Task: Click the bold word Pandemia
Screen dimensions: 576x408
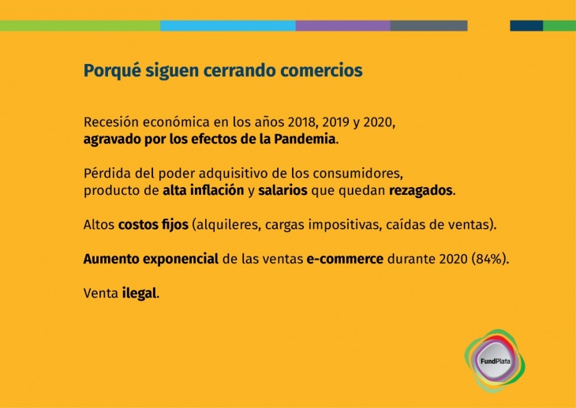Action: pyautogui.click(x=305, y=140)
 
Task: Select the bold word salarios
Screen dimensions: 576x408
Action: pyautogui.click(x=282, y=190)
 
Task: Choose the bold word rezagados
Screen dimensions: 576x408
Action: pyautogui.click(x=421, y=191)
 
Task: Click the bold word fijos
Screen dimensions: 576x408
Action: pyautogui.click(x=175, y=225)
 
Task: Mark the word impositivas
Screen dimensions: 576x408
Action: pyautogui.click(x=343, y=225)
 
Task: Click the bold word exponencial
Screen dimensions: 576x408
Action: pyautogui.click(x=181, y=259)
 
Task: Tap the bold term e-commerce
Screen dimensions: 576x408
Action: pyautogui.click(x=345, y=259)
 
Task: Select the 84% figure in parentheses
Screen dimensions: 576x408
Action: pyautogui.click(x=489, y=259)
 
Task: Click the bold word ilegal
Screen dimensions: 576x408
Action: pyautogui.click(x=139, y=294)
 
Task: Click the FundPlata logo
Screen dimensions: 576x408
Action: pyautogui.click(x=495, y=361)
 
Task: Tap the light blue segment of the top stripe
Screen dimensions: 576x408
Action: pyautogui.click(x=228, y=26)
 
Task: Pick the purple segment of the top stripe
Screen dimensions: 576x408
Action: pyautogui.click(x=342, y=26)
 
